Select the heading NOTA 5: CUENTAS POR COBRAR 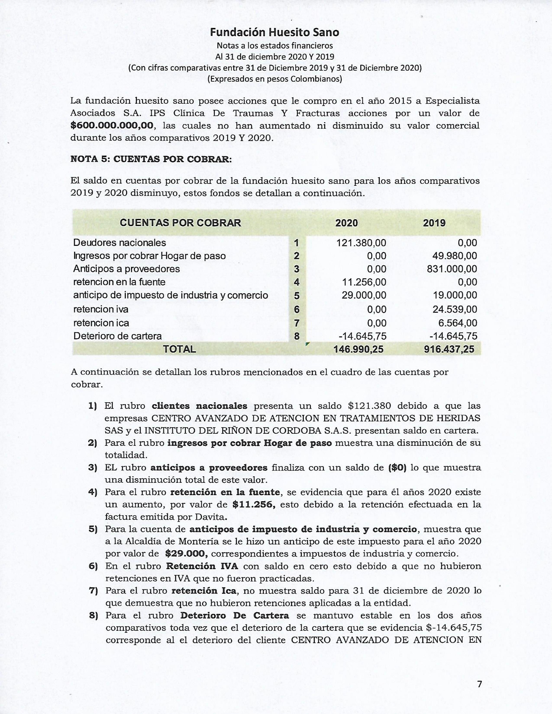point(151,159)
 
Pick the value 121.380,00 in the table point(361,243)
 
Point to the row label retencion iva point(101,309)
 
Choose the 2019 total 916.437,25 point(449,349)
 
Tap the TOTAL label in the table point(179,349)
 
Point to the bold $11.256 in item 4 point(253,504)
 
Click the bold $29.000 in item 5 point(186,553)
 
